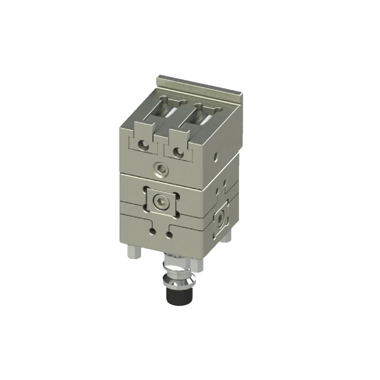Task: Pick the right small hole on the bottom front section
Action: tap(170, 235)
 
